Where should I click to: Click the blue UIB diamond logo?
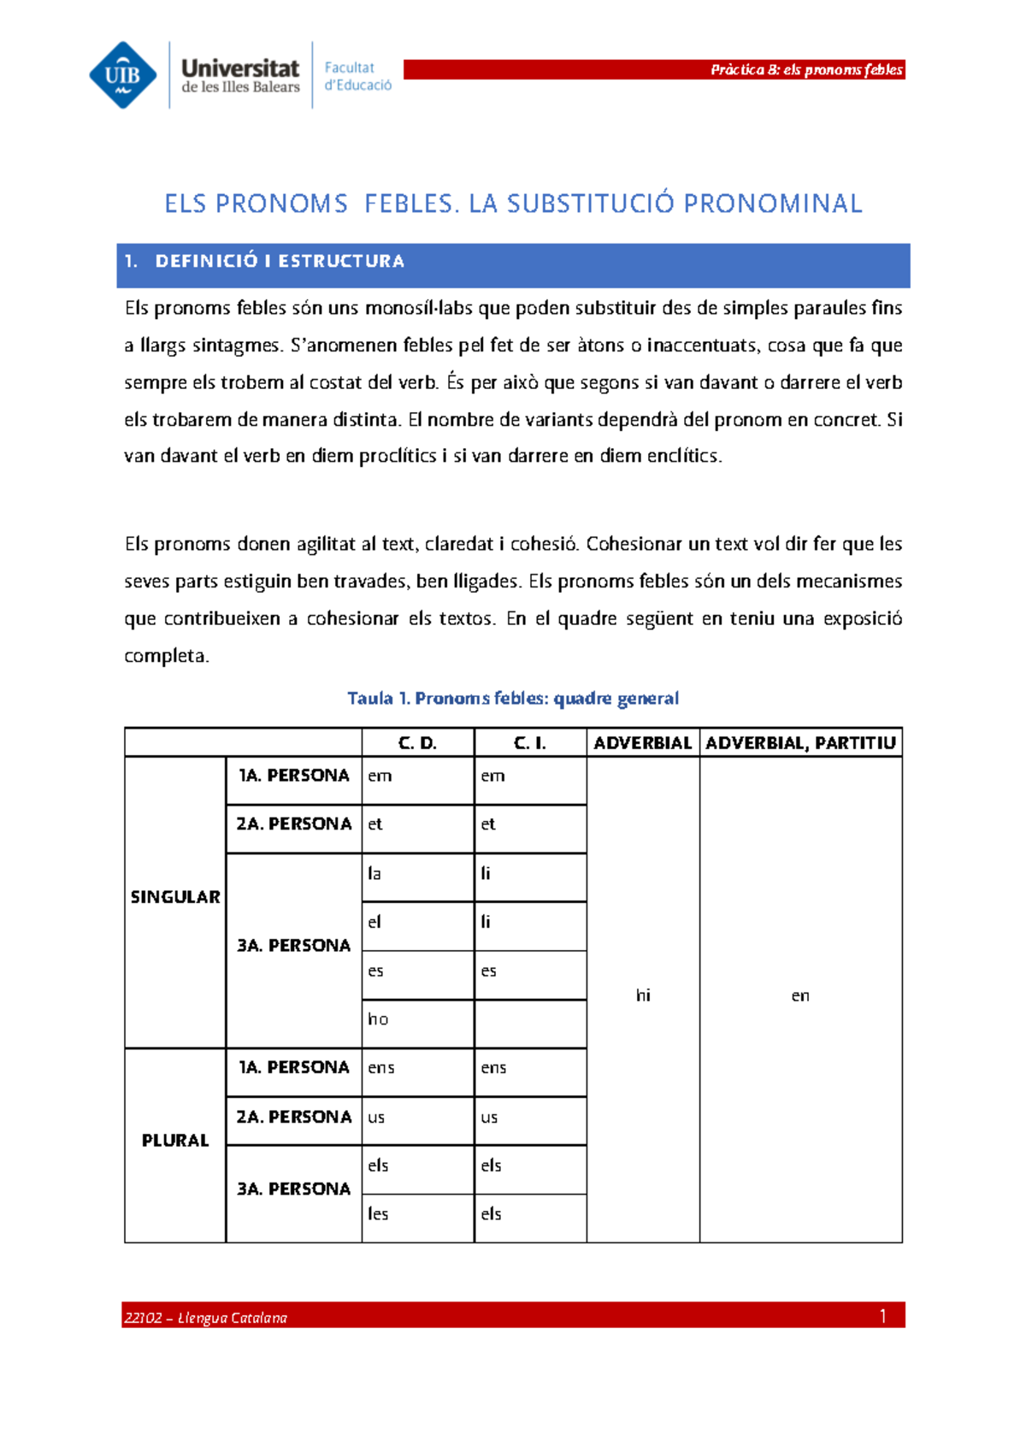pyautogui.click(x=123, y=75)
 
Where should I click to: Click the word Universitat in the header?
pyautogui.click(x=240, y=68)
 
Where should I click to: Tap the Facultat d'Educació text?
pyautogui.click(x=357, y=76)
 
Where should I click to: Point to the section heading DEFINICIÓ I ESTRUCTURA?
pyautogui.click(x=279, y=262)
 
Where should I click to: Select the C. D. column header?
pyautogui.click(x=417, y=743)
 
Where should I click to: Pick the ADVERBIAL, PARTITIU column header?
pyautogui.click(x=800, y=743)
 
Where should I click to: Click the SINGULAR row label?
pyautogui.click(x=175, y=897)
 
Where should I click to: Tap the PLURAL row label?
pyautogui.click(x=175, y=1141)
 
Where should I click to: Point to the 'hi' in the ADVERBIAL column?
pyautogui.click(x=643, y=995)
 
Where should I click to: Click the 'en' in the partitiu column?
pyautogui.click(x=800, y=995)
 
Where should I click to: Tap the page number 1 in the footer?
pyautogui.click(x=883, y=1316)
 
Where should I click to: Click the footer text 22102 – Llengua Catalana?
pyautogui.click(x=205, y=1318)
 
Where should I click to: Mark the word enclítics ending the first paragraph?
pyautogui.click(x=684, y=456)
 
